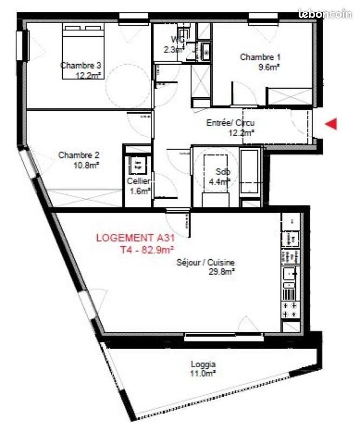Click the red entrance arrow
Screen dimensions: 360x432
click(331, 124)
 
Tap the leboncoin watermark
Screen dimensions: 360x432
click(325, 14)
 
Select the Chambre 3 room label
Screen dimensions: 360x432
click(81, 65)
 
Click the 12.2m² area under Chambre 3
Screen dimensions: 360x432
click(88, 75)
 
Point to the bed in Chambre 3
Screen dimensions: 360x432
click(83, 51)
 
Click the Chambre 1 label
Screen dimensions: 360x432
click(260, 57)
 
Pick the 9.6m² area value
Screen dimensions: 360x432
click(269, 67)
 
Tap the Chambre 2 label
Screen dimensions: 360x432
click(78, 155)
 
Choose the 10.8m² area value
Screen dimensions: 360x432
click(86, 165)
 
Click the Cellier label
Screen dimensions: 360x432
click(139, 181)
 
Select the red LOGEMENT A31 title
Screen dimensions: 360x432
click(136, 238)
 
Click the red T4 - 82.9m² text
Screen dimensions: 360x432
click(147, 249)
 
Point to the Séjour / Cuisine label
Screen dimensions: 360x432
click(205, 262)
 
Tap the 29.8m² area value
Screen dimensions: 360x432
click(222, 272)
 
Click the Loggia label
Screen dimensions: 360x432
click(203, 364)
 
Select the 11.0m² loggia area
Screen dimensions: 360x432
click(203, 374)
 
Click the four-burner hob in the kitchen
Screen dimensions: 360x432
click(290, 310)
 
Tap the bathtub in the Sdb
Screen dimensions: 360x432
click(250, 171)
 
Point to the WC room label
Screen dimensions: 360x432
click(178, 39)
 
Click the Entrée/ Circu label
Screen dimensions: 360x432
click(231, 123)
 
